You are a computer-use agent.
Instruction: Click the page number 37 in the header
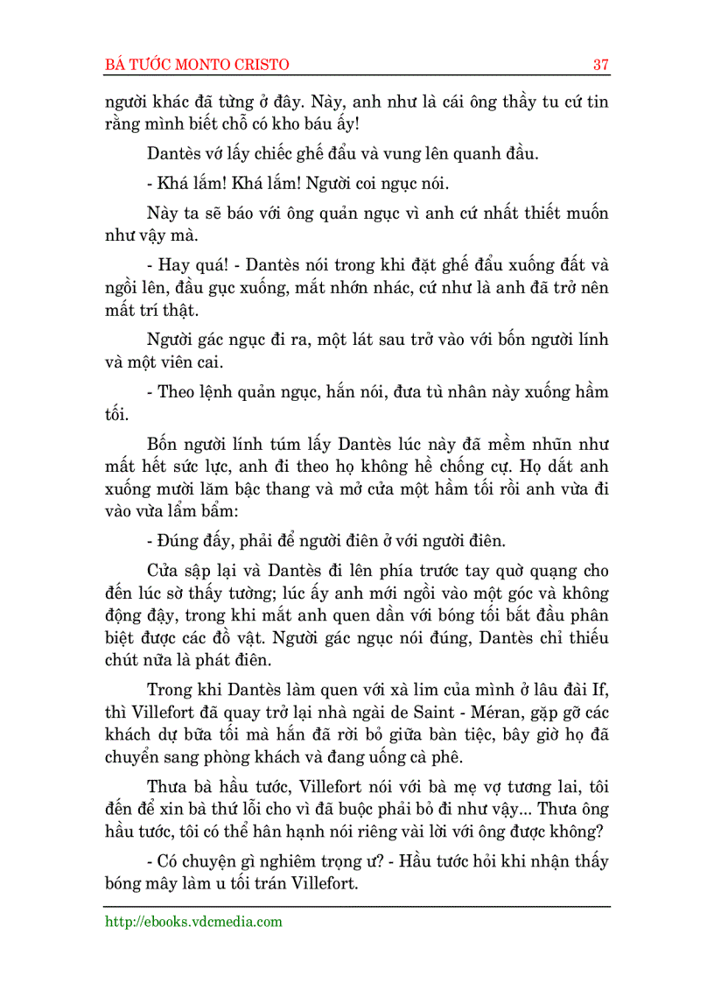pos(600,65)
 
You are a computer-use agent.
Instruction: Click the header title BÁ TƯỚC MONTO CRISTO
pos(197,65)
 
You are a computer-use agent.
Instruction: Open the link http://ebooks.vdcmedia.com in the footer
pos(193,921)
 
